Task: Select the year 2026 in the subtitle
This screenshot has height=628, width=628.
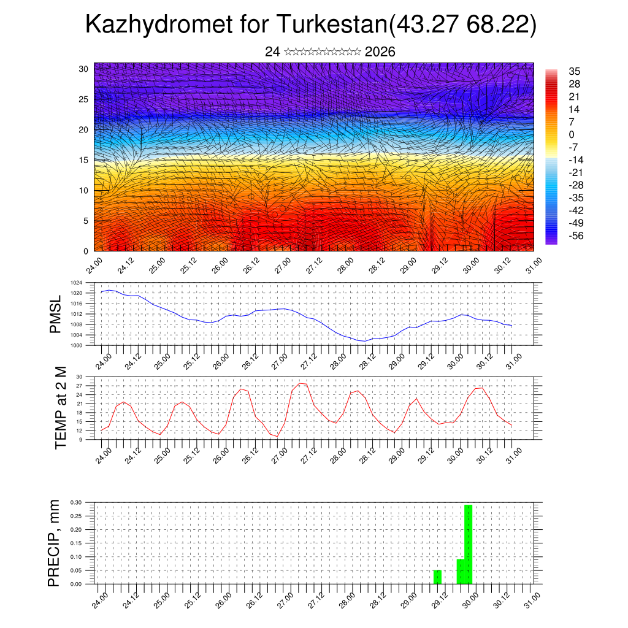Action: pos(380,52)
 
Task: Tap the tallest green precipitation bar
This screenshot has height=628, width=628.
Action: pos(469,544)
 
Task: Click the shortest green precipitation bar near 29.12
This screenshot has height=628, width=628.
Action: pos(437,577)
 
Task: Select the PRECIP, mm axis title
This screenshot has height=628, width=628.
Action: pos(55,543)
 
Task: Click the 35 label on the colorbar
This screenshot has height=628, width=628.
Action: pos(575,72)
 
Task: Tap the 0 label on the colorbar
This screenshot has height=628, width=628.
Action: pos(572,134)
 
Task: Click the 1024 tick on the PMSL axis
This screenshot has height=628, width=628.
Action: pos(76,283)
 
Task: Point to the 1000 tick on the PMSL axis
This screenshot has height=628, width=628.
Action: pos(76,345)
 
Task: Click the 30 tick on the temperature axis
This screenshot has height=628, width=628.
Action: pos(79,377)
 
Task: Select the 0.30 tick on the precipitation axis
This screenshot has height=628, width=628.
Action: pos(75,502)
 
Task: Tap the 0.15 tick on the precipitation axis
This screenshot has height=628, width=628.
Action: pos(75,543)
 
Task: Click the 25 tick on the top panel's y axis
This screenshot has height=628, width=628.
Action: pos(83,99)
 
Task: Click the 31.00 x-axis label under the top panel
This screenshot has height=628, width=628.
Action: pos(532,267)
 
